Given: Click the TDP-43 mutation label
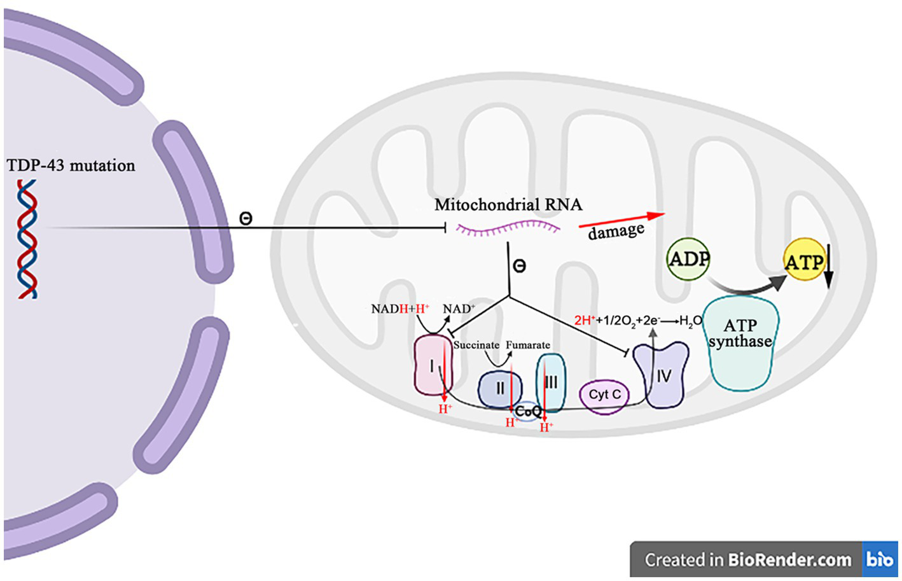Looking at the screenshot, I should point(71,165).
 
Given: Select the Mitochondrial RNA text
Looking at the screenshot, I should point(508,205).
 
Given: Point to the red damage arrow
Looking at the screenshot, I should point(620,220).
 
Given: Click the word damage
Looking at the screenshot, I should point(615,232).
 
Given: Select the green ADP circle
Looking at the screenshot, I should point(688,259).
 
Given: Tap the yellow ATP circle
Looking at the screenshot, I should point(803,261).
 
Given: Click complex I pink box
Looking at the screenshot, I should point(433,366).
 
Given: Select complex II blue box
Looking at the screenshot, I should point(500,389).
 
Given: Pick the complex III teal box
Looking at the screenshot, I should point(551,382).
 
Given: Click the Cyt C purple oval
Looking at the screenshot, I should point(604,395).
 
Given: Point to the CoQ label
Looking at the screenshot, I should point(527,411).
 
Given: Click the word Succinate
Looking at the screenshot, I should point(476,345).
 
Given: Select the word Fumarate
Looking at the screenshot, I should point(527,345).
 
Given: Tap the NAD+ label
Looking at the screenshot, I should point(459,309).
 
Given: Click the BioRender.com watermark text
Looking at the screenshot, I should point(789,560).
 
